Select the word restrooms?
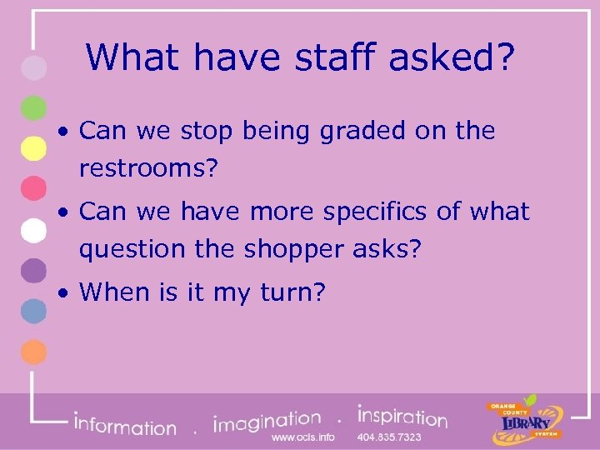(x=148, y=169)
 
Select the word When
(x=113, y=292)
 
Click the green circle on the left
(x=32, y=108)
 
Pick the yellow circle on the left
(x=32, y=147)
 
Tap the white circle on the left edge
(x=32, y=229)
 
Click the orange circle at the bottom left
(x=32, y=352)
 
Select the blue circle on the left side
(x=32, y=311)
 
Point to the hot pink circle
(x=32, y=188)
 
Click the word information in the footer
(x=125, y=425)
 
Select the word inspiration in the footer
(x=402, y=417)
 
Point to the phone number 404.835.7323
(x=390, y=437)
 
